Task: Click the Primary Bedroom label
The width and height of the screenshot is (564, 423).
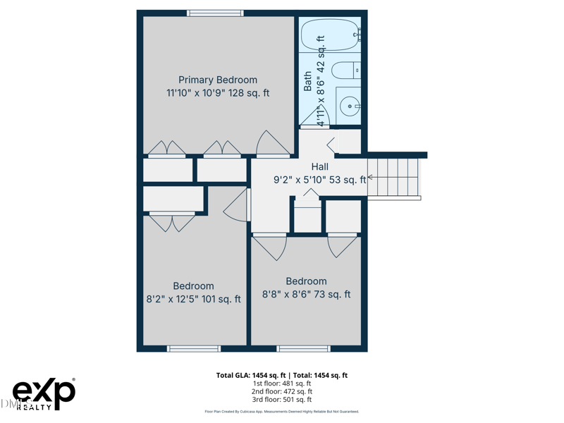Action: point(217,80)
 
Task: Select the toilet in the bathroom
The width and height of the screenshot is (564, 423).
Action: point(345,70)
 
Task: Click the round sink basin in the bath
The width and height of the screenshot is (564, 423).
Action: point(349,106)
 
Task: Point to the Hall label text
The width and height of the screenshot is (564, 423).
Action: point(319,167)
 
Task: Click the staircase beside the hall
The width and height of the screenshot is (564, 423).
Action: point(393,177)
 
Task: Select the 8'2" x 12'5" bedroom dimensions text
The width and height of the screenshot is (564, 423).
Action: point(193,299)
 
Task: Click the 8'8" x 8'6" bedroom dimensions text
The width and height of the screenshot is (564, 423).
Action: point(306,295)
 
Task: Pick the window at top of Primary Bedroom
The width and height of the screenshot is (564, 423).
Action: point(215,13)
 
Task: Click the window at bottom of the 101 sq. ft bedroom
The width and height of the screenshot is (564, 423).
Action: point(193,348)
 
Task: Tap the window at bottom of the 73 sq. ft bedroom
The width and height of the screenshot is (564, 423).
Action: point(303,348)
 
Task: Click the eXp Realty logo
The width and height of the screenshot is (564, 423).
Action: point(44,394)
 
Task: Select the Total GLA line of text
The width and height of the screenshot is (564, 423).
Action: point(281,376)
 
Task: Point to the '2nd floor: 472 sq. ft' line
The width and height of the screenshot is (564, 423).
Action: point(281,391)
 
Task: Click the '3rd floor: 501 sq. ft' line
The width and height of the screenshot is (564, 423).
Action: point(281,400)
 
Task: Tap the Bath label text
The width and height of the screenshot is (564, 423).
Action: point(308,81)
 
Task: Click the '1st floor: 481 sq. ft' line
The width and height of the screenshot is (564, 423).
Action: point(281,384)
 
